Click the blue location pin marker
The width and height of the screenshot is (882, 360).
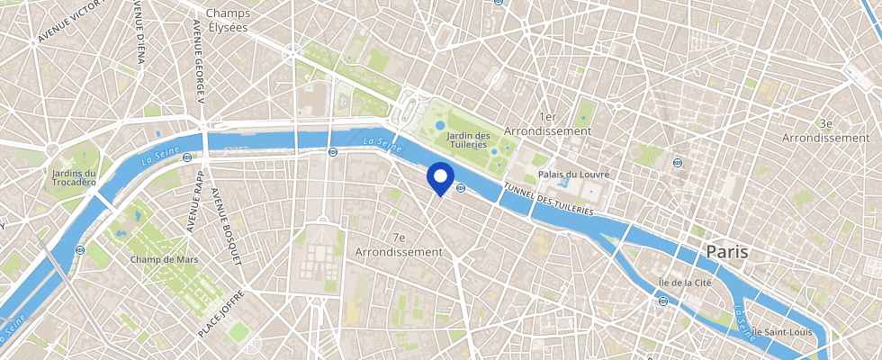pyautogui.click(x=440, y=178)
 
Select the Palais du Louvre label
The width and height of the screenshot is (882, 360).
pyautogui.click(x=573, y=173)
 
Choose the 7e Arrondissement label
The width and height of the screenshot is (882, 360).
pyautogui.click(x=399, y=245)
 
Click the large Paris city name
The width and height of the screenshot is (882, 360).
pyautogui.click(x=726, y=251)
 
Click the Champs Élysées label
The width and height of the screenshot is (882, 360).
pyautogui.click(x=227, y=20)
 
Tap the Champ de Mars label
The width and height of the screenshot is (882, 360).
pyautogui.click(x=164, y=259)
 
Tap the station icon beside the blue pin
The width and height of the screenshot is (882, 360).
pyautogui.click(x=460, y=187)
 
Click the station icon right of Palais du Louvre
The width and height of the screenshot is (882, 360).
pyautogui.click(x=677, y=163)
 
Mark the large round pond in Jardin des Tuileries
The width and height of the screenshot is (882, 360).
pyautogui.click(x=440, y=126)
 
